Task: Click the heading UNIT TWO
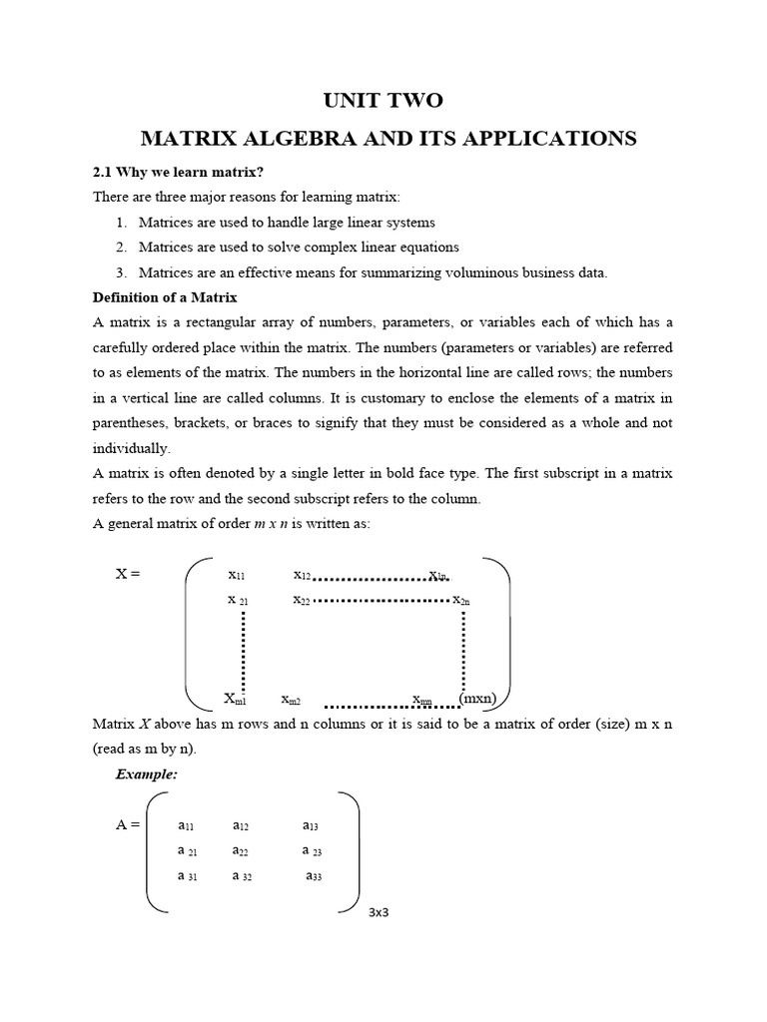tap(383, 100)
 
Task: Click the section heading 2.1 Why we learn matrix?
tap(178, 172)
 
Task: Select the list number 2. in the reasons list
tap(121, 247)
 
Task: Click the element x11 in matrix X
tap(237, 575)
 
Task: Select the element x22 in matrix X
tap(302, 600)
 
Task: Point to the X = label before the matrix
tap(130, 574)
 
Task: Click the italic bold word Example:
tap(147, 773)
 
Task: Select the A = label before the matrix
tap(130, 825)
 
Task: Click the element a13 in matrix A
tap(311, 825)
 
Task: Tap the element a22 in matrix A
tap(241, 850)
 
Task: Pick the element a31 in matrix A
tap(187, 875)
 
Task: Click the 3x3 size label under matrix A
tap(378, 912)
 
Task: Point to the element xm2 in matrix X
tap(291, 699)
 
